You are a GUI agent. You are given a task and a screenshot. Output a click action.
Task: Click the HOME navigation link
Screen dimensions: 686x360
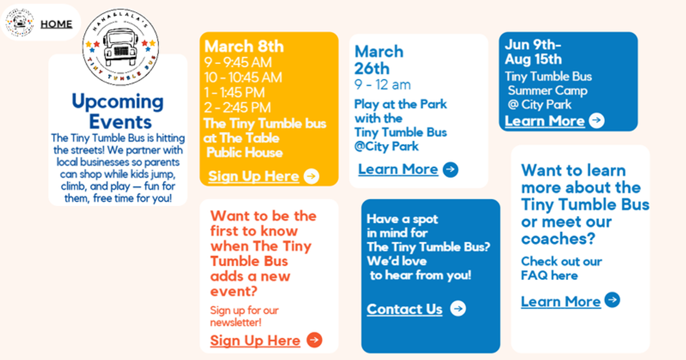point(57,24)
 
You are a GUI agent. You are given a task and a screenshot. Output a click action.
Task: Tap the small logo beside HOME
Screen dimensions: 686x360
point(19,22)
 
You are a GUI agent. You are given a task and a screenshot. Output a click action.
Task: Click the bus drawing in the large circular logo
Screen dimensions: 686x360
point(120,46)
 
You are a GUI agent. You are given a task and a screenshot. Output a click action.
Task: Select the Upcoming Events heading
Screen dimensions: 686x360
point(118,111)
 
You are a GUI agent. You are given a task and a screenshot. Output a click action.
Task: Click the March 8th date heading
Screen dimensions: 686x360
point(244,46)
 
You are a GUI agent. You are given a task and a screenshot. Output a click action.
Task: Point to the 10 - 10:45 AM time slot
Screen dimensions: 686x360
point(243,78)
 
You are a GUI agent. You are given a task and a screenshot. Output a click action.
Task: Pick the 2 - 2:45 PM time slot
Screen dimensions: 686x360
point(238,107)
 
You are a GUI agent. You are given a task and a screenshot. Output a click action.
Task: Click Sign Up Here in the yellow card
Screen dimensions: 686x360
point(254,177)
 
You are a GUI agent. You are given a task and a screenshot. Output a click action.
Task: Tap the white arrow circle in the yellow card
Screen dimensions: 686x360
point(312,177)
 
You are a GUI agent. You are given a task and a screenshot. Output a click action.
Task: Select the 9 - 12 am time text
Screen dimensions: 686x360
point(382,85)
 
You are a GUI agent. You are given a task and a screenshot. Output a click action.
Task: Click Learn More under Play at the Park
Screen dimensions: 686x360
point(398,169)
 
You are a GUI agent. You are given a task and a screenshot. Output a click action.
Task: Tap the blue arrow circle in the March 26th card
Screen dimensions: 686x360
point(450,169)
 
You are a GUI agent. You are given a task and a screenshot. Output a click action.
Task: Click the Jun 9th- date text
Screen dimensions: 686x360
point(533,45)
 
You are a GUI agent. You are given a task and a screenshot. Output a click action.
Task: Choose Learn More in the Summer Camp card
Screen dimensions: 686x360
point(545,121)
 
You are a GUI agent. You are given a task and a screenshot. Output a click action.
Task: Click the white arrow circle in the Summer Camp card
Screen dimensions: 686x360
point(597,121)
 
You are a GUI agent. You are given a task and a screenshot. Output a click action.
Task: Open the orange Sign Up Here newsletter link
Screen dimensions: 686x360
point(255,341)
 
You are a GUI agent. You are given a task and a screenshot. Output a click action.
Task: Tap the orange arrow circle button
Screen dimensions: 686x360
point(314,340)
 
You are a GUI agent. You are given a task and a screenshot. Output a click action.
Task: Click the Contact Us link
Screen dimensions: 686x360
point(405,309)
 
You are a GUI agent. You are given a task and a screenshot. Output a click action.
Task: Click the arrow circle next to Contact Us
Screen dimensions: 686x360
point(458,308)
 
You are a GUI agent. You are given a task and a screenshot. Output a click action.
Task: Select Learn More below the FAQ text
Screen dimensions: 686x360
point(561,302)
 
